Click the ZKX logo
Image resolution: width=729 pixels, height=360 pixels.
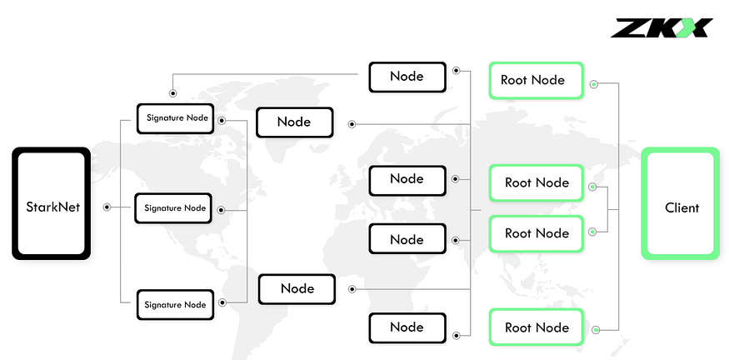[662, 27]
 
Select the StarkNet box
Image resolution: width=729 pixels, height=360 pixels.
[51, 203]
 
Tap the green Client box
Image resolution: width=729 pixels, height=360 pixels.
[680, 203]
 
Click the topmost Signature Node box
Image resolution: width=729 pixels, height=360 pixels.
[175, 118]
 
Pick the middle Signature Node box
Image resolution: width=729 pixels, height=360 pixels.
[173, 208]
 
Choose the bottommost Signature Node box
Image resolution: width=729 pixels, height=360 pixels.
[175, 305]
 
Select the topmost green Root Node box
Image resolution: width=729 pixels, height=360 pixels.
[536, 81]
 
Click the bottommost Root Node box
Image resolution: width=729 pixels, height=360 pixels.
[536, 327]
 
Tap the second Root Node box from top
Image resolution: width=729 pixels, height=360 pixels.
[536, 182]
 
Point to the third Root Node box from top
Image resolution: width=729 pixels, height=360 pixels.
[536, 233]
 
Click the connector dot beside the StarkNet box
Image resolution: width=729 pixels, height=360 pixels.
[107, 207]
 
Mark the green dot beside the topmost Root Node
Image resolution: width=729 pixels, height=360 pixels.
[594, 84]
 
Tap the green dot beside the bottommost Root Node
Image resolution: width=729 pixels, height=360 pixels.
[596, 330]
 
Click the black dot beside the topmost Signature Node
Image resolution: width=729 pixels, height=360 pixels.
[222, 121]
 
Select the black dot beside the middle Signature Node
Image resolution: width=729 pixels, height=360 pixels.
[221, 210]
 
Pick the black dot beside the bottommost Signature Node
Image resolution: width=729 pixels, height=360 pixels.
[222, 302]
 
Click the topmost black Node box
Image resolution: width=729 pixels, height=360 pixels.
[407, 77]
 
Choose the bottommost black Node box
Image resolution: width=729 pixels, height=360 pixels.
[407, 327]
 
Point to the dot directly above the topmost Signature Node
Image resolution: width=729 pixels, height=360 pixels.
[173, 93]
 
